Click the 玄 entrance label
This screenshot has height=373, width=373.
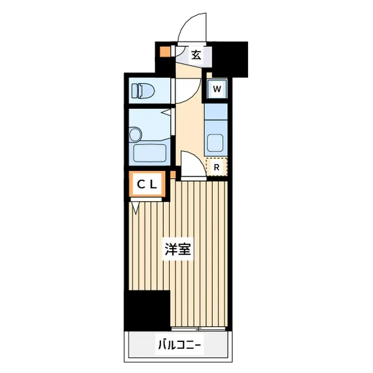tap(196, 55)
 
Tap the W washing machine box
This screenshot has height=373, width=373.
tap(217, 89)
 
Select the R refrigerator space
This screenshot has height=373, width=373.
tap(217, 167)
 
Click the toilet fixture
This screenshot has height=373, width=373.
tap(143, 91)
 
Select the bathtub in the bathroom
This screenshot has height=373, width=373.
tap(151, 153)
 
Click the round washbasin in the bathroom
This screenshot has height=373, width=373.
tap(135, 134)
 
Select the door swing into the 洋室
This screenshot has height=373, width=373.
tap(193, 165)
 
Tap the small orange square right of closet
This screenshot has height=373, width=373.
tap(172, 174)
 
